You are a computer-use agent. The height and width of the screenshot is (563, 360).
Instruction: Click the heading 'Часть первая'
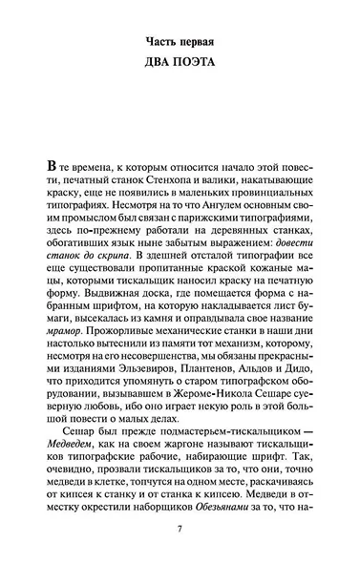pyautogui.click(x=180, y=43)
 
